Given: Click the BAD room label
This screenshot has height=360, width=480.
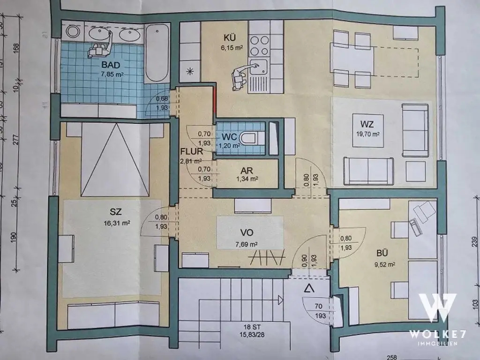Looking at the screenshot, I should pos(97,65).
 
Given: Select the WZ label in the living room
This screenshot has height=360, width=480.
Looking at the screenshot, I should pos(367,124).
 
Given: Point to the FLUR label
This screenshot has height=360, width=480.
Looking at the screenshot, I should pos(191,152).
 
